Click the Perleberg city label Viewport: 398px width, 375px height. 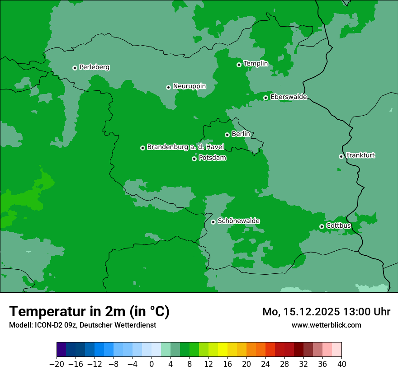(x=94, y=67)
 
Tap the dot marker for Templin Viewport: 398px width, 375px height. (x=239, y=65)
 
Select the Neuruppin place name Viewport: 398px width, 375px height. (x=189, y=86)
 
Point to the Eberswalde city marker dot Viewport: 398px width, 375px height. (x=265, y=98)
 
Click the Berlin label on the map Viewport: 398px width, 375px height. (x=241, y=134)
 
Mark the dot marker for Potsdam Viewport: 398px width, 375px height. (x=194, y=159)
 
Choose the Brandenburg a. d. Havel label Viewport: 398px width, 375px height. (x=185, y=147)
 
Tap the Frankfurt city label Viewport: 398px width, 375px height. (x=360, y=155)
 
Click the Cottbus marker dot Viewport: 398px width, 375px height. (x=322, y=226)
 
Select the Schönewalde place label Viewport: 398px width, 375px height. (x=238, y=221)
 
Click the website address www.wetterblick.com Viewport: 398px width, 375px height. (x=326, y=325)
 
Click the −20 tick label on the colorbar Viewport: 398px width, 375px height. (x=57, y=364)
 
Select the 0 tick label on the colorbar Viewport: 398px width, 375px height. (x=152, y=364)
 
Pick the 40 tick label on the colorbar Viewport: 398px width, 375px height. (x=341, y=364)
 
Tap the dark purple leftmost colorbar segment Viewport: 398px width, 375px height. (x=61, y=350)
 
